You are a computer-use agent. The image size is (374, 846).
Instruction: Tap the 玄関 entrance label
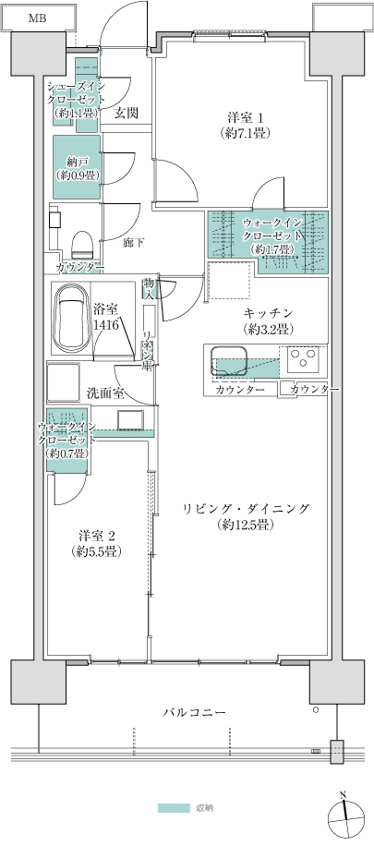(x=127, y=114)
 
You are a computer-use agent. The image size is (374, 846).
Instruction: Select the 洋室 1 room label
(x=246, y=125)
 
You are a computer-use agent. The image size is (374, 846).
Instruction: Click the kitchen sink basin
(x=229, y=357)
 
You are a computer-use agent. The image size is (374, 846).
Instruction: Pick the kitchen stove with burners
(x=304, y=357)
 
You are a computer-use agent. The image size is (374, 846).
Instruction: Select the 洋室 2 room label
(x=97, y=543)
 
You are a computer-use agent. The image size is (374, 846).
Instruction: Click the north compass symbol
(x=343, y=810)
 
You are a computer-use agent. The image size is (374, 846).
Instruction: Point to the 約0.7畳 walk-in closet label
(x=68, y=441)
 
